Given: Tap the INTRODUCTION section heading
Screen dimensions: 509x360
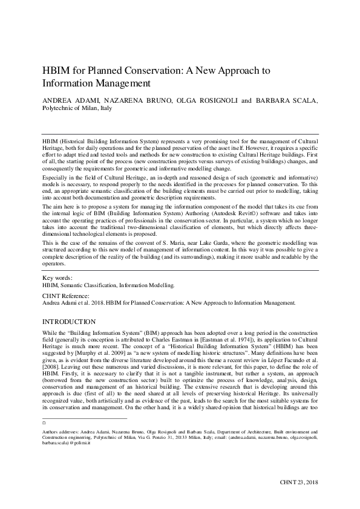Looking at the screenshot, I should (x=69, y=322).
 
